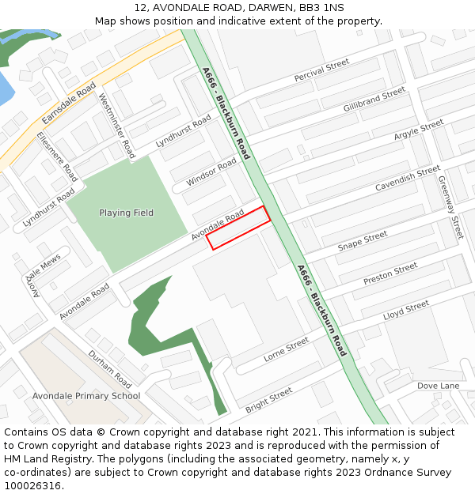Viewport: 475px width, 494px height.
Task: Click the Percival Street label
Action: click(321, 70)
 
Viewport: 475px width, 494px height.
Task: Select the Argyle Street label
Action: click(419, 130)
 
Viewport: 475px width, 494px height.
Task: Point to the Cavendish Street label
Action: click(407, 178)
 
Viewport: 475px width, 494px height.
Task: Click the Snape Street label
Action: click(363, 241)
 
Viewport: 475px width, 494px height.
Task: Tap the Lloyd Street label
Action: click(406, 309)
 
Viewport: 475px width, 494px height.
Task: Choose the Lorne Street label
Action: click(286, 349)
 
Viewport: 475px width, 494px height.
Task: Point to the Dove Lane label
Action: click(438, 386)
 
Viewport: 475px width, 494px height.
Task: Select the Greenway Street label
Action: click(450, 206)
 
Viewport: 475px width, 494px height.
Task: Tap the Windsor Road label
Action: click(211, 172)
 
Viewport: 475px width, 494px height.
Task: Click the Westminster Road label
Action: click(116, 126)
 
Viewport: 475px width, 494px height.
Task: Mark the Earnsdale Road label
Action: click(69, 102)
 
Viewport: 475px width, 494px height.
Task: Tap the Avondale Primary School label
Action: click(86, 396)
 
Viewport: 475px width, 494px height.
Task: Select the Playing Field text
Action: click(126, 213)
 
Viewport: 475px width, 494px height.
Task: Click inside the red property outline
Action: click(240, 228)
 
